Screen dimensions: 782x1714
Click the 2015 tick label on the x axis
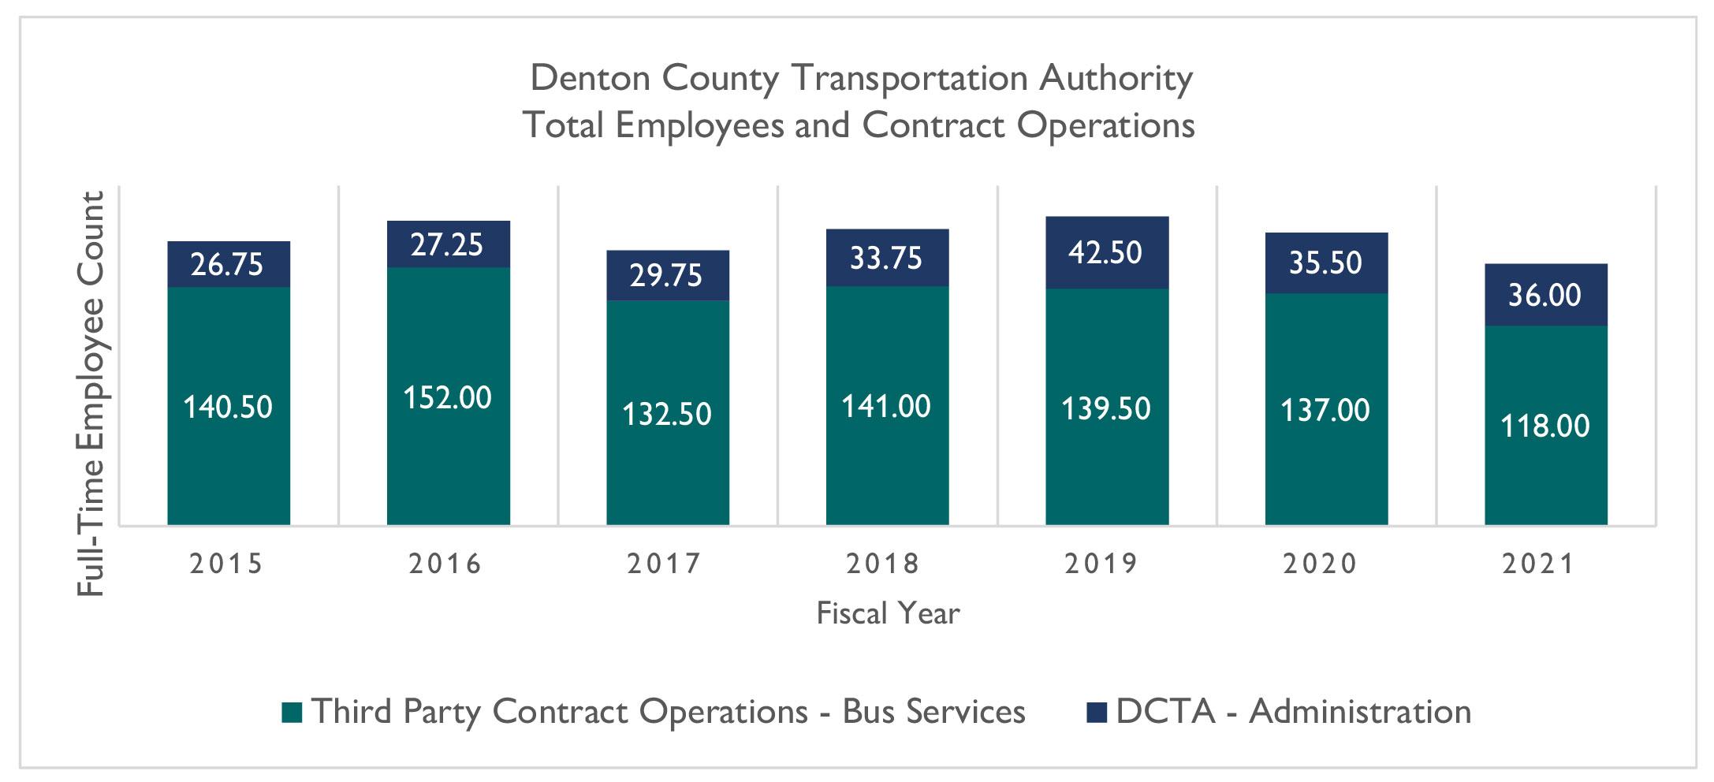226,564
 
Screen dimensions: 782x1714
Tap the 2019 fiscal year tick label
1102,564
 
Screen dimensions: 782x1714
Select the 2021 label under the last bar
1539,564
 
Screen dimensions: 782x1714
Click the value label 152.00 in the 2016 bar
447,397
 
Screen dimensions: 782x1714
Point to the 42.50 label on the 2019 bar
1105,252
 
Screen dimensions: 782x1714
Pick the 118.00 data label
1544,426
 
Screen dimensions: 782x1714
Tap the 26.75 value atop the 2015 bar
227,264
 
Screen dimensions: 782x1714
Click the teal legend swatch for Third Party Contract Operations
292,713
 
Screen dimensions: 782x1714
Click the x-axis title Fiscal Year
888,613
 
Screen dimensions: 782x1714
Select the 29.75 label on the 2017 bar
666,275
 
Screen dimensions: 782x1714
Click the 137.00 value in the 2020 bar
1325,410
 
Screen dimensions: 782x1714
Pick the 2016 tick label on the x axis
445,564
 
